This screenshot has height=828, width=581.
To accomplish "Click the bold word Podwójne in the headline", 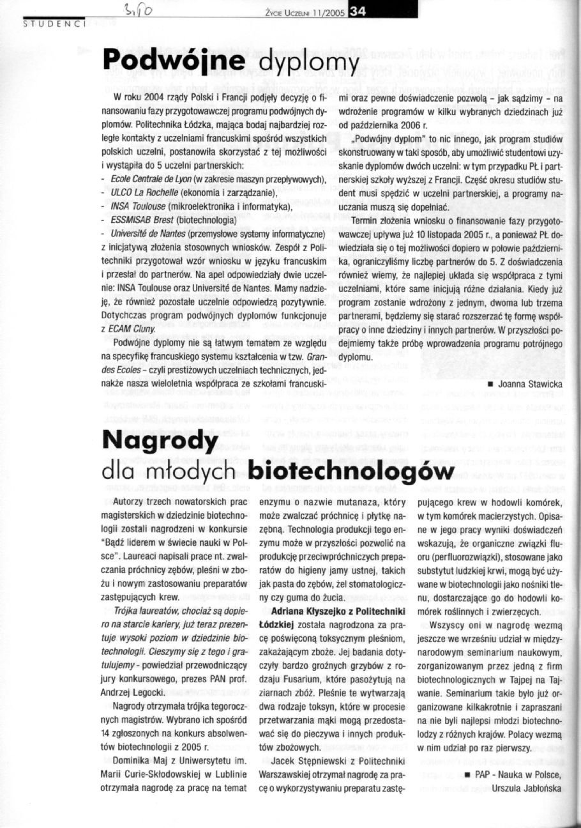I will (173, 60).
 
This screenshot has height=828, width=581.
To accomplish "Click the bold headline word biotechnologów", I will (350, 471).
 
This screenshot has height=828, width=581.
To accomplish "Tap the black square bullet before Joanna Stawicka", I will (489, 385).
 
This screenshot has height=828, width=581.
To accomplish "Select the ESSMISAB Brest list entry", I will (141, 219).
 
